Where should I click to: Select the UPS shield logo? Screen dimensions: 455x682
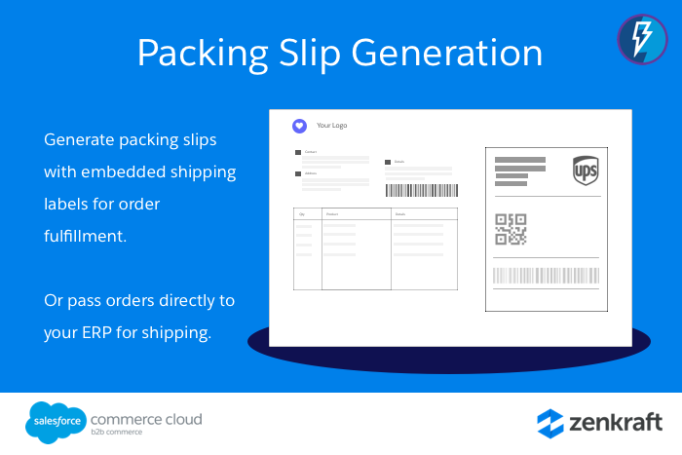[x=586, y=170]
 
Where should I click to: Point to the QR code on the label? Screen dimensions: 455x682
[x=511, y=229]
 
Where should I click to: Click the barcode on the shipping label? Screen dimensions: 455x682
[x=546, y=275]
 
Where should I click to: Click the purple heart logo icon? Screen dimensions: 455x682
[x=299, y=125]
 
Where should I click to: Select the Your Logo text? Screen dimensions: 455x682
[x=331, y=126]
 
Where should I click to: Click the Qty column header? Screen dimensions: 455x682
[x=303, y=213]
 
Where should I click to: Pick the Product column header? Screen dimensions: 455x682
[x=331, y=213]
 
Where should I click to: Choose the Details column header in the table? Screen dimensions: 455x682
[x=399, y=213]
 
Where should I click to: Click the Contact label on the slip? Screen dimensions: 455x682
[x=310, y=152]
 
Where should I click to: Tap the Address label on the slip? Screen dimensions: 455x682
[x=310, y=173]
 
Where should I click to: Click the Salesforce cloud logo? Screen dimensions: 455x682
[x=53, y=421]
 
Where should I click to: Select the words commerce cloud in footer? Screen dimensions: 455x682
[x=145, y=419]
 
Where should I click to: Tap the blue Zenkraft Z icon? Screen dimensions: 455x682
[x=550, y=423]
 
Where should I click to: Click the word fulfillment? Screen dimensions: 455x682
[x=86, y=236]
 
